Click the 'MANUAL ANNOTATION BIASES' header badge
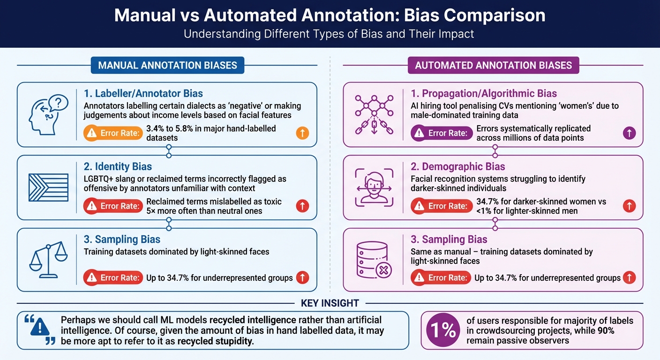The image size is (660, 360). (167, 65)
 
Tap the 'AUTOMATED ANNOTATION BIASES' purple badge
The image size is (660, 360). (494, 65)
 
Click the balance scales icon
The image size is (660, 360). (49, 259)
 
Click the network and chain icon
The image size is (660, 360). (374, 114)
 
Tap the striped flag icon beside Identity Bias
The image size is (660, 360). (46, 187)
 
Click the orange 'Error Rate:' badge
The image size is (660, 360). (113, 133)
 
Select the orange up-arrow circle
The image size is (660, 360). (302, 133)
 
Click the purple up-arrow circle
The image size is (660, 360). (629, 133)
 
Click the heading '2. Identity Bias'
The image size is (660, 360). (118, 166)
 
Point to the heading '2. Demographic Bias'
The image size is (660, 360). (457, 166)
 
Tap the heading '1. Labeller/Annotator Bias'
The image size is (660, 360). (143, 94)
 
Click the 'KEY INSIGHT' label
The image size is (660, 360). (330, 303)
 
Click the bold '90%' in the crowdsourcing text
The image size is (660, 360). (606, 330)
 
